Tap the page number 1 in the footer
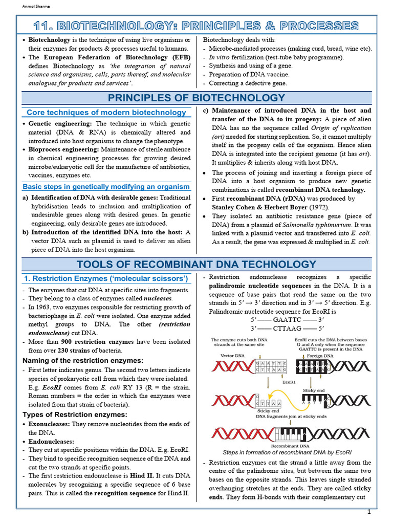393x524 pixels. coord(368,512)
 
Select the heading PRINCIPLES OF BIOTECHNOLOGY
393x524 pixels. coord(196,98)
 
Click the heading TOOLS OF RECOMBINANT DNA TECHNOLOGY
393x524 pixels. coord(196,264)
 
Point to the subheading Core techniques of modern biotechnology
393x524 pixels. coord(106,112)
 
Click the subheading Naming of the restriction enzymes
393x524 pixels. coord(83,360)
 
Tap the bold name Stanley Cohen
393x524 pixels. coord(234,207)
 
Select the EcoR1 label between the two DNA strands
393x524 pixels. coord(290,382)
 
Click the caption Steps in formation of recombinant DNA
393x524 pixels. coord(287,452)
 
